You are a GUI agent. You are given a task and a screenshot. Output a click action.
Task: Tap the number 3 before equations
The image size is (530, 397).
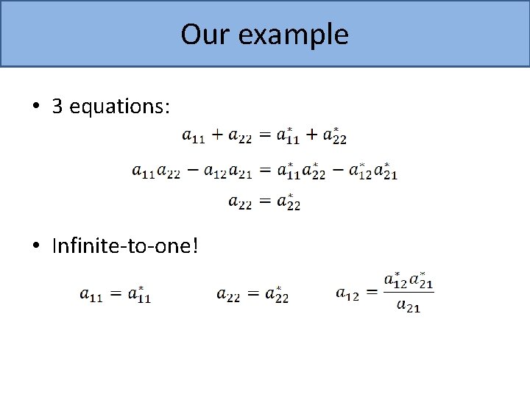[x=57, y=107]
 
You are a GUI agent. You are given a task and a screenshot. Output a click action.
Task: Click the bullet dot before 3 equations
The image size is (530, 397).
[x=36, y=107]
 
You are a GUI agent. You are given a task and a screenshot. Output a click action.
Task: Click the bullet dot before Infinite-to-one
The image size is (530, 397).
[x=36, y=246]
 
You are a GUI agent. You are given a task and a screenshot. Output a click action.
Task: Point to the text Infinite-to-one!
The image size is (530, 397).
[x=125, y=245]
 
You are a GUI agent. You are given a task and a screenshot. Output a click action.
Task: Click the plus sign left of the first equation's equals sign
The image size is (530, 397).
[x=217, y=135]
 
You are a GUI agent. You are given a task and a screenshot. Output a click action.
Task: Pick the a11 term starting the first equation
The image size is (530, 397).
[x=194, y=136]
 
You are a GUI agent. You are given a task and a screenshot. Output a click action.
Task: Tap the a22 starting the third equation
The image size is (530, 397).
[x=240, y=202]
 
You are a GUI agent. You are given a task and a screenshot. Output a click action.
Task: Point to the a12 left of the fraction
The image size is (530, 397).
[x=347, y=294]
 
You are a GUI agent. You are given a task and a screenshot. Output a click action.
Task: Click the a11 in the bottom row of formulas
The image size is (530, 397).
[x=91, y=295]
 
